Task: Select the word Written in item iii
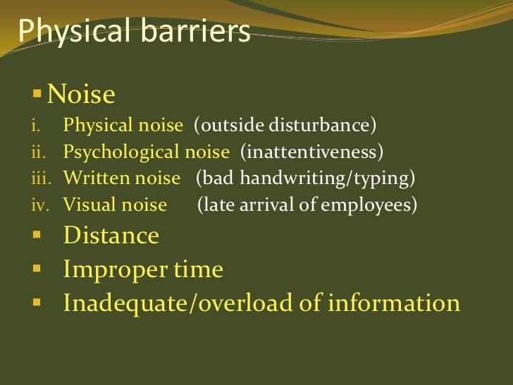(92, 178)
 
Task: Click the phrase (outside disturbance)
(285, 127)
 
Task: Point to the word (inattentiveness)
(312, 152)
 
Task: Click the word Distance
(111, 235)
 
